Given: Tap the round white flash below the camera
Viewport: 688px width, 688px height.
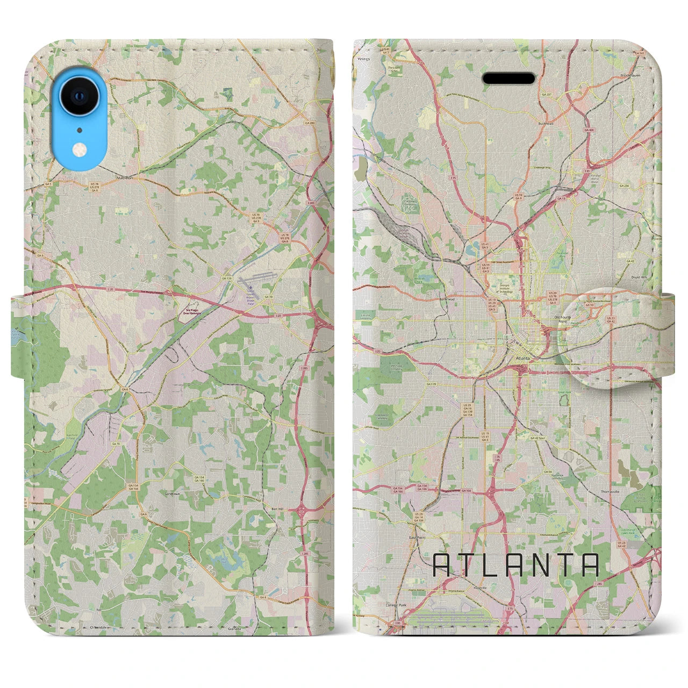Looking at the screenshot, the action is click(80, 149).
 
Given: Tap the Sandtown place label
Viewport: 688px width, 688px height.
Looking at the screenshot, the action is click(173, 492).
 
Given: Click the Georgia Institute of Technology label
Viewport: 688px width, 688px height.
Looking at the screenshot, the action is click(504, 286).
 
